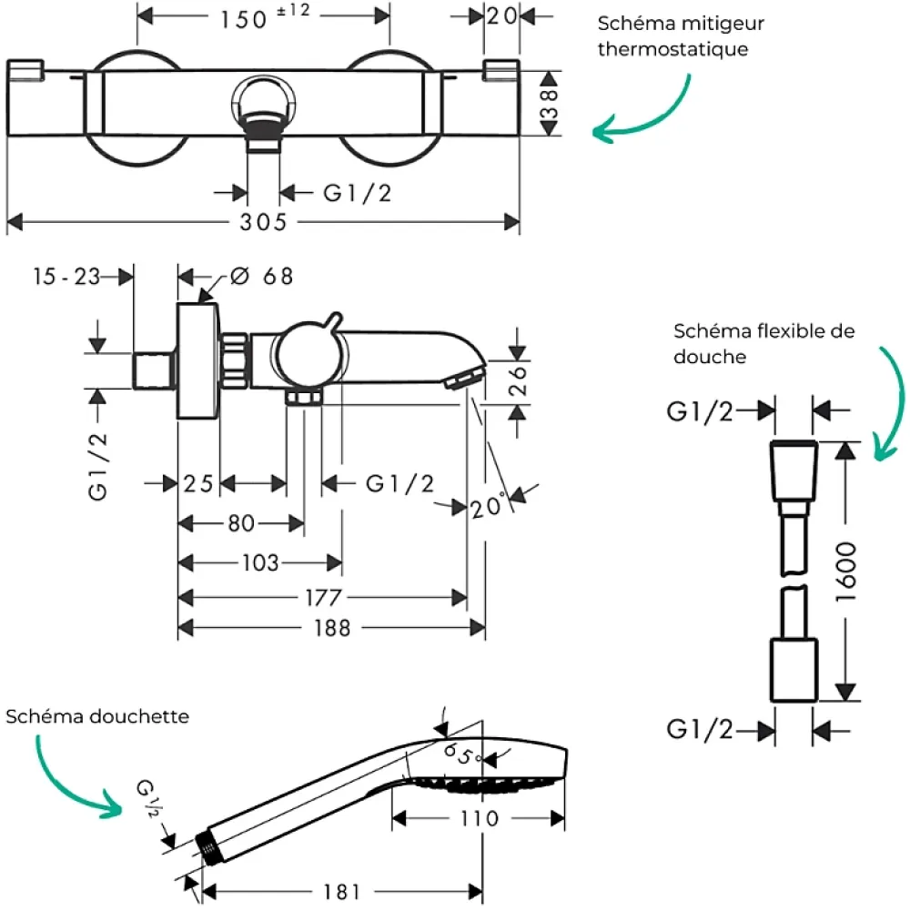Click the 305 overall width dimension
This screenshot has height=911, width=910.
(263, 221)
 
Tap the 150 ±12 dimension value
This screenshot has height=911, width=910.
(265, 17)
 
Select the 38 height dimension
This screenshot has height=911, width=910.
(549, 104)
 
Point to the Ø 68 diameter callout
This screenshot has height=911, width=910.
(261, 276)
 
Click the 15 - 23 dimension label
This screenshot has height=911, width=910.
(66, 277)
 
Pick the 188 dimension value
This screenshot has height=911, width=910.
(332, 628)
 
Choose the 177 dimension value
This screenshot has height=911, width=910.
(324, 597)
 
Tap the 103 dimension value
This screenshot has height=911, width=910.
(260, 562)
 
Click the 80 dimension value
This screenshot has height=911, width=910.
(241, 523)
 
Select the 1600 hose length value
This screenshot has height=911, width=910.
(846, 572)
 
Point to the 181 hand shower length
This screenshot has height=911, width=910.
(341, 891)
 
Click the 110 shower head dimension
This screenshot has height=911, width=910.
(480, 818)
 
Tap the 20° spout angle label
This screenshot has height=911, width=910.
(487, 506)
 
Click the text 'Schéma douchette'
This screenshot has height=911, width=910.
(97, 716)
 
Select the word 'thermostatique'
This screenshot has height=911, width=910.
(672, 49)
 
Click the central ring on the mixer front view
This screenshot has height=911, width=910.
(263, 100)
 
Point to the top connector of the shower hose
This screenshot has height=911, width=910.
(794, 471)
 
